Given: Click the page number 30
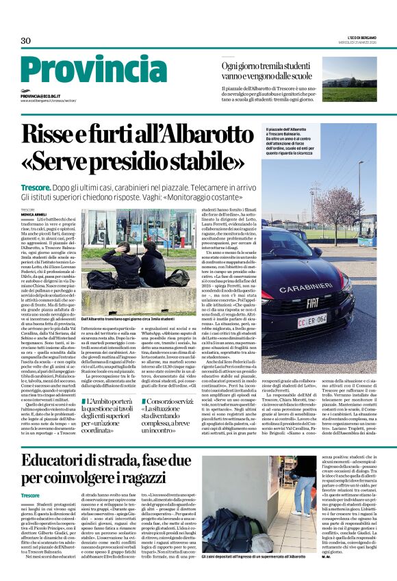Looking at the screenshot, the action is [x=26, y=41].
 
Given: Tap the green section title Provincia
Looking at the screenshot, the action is [x=91, y=73].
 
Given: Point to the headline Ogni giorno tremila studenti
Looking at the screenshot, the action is [x=268, y=64].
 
